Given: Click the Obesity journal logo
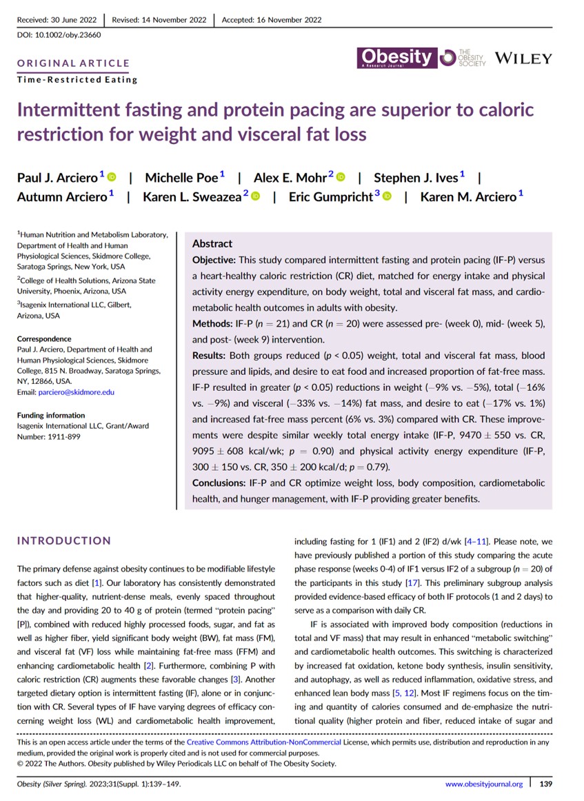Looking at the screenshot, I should tap(396, 57).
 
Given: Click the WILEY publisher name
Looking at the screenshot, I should tap(523, 59).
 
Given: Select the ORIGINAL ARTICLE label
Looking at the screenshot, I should tap(73, 64).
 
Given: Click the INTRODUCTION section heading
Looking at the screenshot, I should tap(64, 540).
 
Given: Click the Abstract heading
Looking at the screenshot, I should tap(212, 243).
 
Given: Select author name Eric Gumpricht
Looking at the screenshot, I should tap(330, 197).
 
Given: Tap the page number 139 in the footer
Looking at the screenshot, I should tap(546, 784).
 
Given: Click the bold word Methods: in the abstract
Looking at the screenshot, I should tap(214, 323).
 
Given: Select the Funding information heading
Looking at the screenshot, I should tap(51, 416).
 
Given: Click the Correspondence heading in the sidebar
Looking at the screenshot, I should tap(44, 339).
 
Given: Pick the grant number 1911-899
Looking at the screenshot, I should tap(67, 436).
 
